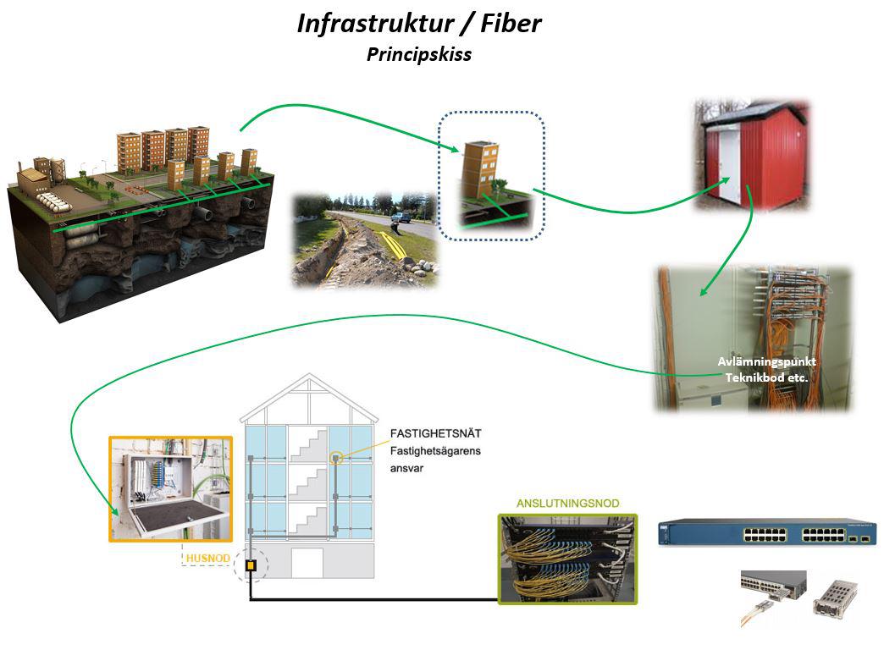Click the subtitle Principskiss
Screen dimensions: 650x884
pos(417,54)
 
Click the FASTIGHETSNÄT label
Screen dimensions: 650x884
pos(435,434)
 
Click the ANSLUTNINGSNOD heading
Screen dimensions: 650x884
pos(567,503)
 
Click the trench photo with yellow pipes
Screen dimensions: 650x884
pos(365,240)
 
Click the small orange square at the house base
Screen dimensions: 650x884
pos(251,565)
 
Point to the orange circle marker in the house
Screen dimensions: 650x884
pos(336,458)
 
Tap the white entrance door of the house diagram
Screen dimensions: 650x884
pos(309,563)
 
